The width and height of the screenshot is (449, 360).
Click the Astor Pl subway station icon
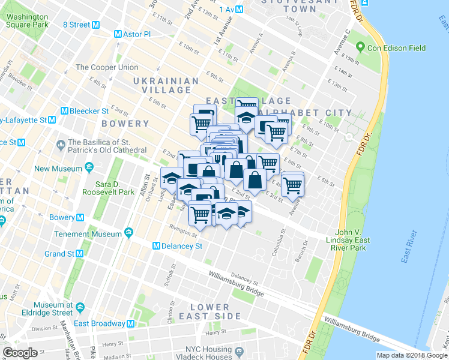pyautogui.click(x=118, y=34)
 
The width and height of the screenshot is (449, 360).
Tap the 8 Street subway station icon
pyautogui.click(x=97, y=25)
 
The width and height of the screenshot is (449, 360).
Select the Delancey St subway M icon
pyautogui.click(x=156, y=246)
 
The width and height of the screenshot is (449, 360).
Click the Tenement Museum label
pyautogui.click(x=89, y=233)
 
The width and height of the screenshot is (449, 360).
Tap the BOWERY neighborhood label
pyautogui.click(x=108, y=124)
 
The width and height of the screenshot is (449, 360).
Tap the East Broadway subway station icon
pyautogui.click(x=130, y=323)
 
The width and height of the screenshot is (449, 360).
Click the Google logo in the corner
pyautogui.click(x=20, y=352)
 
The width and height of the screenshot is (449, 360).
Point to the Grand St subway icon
pyautogui.click(x=79, y=254)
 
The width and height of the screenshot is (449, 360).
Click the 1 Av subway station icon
pyautogui.click(x=240, y=9)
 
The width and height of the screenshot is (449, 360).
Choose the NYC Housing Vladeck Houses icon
pyautogui.click(x=240, y=350)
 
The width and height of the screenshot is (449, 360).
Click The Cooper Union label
pyautogui.click(x=107, y=67)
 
